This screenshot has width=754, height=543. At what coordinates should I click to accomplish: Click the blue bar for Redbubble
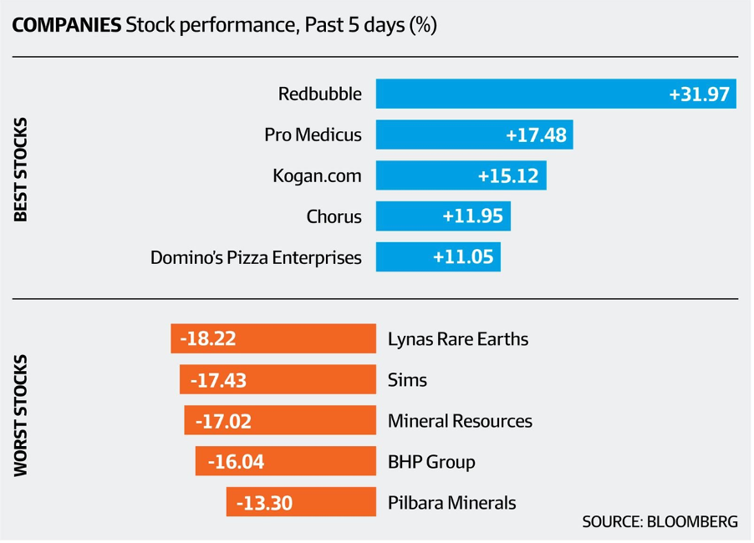click(x=518, y=94)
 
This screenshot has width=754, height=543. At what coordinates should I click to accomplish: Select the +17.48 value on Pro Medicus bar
click(x=536, y=134)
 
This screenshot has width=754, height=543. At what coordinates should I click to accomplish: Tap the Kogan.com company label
click(x=317, y=175)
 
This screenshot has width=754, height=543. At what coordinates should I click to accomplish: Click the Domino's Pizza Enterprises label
click(x=256, y=257)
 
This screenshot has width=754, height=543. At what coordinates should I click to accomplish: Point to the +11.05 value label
click(x=464, y=257)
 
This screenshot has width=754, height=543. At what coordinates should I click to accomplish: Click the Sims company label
click(x=407, y=380)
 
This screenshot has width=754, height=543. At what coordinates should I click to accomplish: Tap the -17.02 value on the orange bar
click(x=223, y=421)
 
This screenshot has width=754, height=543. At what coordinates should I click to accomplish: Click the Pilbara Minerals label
click(x=451, y=503)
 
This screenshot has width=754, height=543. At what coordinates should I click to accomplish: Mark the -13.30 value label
click(x=264, y=503)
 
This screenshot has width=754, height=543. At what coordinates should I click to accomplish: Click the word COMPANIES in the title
click(x=66, y=25)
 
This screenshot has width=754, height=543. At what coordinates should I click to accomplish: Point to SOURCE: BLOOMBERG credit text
click(x=660, y=522)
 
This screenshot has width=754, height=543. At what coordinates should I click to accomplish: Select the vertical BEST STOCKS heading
click(x=22, y=170)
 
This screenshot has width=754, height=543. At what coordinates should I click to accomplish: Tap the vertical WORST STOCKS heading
click(x=22, y=416)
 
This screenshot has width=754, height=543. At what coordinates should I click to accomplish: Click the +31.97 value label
click(x=700, y=94)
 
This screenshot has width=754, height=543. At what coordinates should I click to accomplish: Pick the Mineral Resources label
click(x=460, y=421)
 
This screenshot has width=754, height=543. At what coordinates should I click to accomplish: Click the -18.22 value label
click(x=208, y=339)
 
